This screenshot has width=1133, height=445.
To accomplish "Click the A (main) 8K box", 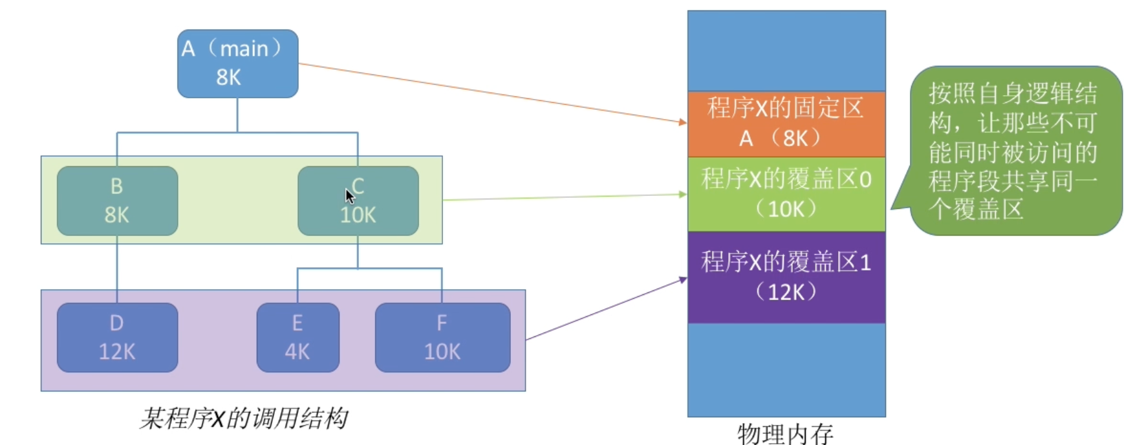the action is (x=238, y=63).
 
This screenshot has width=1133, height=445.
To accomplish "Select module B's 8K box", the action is (x=117, y=201).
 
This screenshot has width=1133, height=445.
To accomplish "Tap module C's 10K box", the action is (x=358, y=201).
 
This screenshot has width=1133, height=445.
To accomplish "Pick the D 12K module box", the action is (x=117, y=338).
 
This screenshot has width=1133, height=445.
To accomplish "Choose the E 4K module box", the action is (x=298, y=338).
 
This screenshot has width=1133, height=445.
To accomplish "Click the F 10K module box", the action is (x=442, y=338).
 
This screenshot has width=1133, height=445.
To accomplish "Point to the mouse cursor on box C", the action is (x=349, y=196).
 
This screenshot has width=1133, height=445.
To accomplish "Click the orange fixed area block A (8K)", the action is (x=786, y=124).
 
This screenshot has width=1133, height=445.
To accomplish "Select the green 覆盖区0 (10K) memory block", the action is (x=786, y=194).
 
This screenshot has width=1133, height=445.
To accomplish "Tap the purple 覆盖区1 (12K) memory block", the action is (x=786, y=277).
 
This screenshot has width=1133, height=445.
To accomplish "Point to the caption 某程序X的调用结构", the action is (x=244, y=418).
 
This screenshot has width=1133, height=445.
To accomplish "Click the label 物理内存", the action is (x=785, y=433).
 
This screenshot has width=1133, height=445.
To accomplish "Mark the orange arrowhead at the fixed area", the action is (x=683, y=122).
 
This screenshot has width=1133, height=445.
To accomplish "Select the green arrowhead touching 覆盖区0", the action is (x=683, y=194).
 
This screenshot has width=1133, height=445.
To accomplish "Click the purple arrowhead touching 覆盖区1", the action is (x=683, y=279).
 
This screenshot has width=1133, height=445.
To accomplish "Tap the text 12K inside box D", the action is (x=117, y=351).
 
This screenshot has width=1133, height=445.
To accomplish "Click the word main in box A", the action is (x=244, y=49).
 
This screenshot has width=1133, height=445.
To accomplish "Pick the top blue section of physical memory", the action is (x=786, y=51).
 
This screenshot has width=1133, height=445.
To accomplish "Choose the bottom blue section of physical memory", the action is (x=786, y=370).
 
